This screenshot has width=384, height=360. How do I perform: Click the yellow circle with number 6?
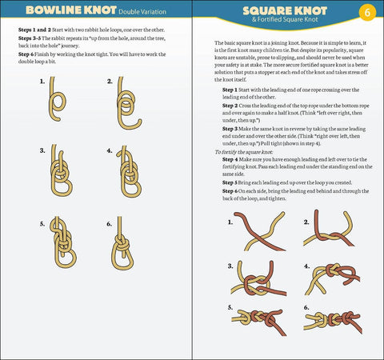click(366, 13)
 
